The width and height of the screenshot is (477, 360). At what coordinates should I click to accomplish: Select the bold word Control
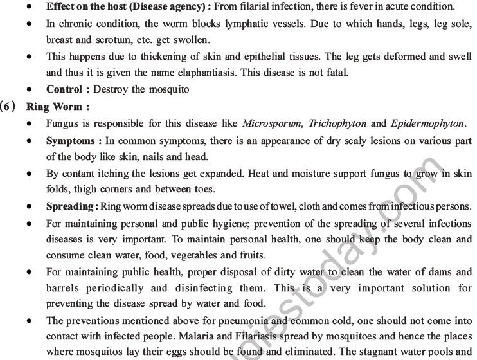pyautogui.click(x=64, y=89)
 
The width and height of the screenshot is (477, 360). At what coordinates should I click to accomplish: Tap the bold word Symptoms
pyautogui.click(x=71, y=140)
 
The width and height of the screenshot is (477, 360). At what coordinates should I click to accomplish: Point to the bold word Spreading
pyautogui.click(x=70, y=207)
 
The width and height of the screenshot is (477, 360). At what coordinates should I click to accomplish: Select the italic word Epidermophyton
pyautogui.click(x=426, y=123)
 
